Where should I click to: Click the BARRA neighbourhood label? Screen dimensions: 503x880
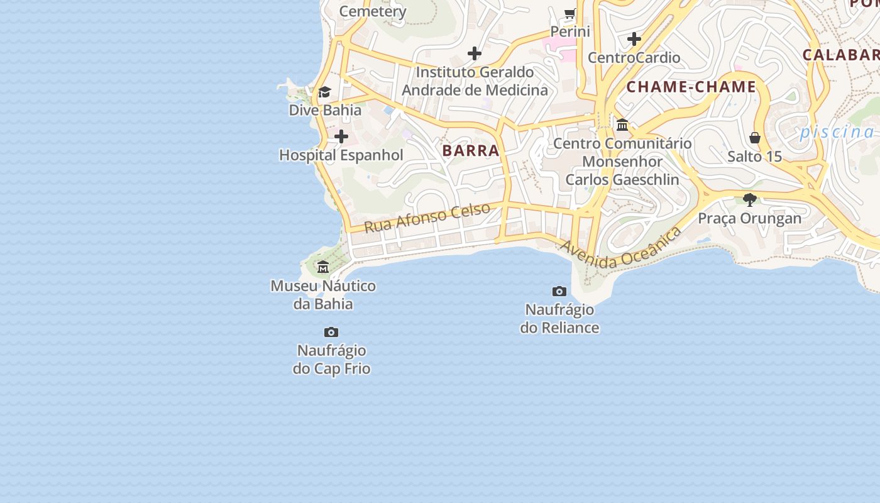click(x=471, y=151)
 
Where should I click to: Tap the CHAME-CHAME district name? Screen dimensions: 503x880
click(x=691, y=87)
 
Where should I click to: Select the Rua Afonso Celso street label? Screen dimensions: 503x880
click(x=427, y=218)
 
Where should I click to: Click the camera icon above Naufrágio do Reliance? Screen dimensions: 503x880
click(x=559, y=291)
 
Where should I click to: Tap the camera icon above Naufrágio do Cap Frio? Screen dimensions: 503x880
click(x=331, y=332)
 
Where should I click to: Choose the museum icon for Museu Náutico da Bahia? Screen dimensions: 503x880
click(x=323, y=267)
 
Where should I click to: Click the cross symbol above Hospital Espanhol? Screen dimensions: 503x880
click(x=341, y=136)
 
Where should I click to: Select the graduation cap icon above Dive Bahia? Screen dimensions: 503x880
click(x=324, y=92)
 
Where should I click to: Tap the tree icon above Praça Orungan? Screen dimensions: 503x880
click(x=749, y=200)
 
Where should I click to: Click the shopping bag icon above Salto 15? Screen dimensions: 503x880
click(x=755, y=138)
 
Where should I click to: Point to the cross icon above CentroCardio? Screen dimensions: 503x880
click(x=634, y=39)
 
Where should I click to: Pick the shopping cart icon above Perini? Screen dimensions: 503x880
click(x=570, y=13)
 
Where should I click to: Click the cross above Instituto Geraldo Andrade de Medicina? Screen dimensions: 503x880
click(x=475, y=53)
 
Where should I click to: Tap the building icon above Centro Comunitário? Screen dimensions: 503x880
click(x=622, y=125)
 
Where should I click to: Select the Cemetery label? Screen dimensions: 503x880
click(x=373, y=11)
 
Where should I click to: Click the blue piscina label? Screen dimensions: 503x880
click(x=837, y=132)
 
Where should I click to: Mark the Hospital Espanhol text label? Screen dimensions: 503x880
click(x=341, y=155)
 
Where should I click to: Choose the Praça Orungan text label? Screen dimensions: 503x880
click(x=750, y=218)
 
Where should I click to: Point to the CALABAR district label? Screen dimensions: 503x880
click(x=840, y=55)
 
